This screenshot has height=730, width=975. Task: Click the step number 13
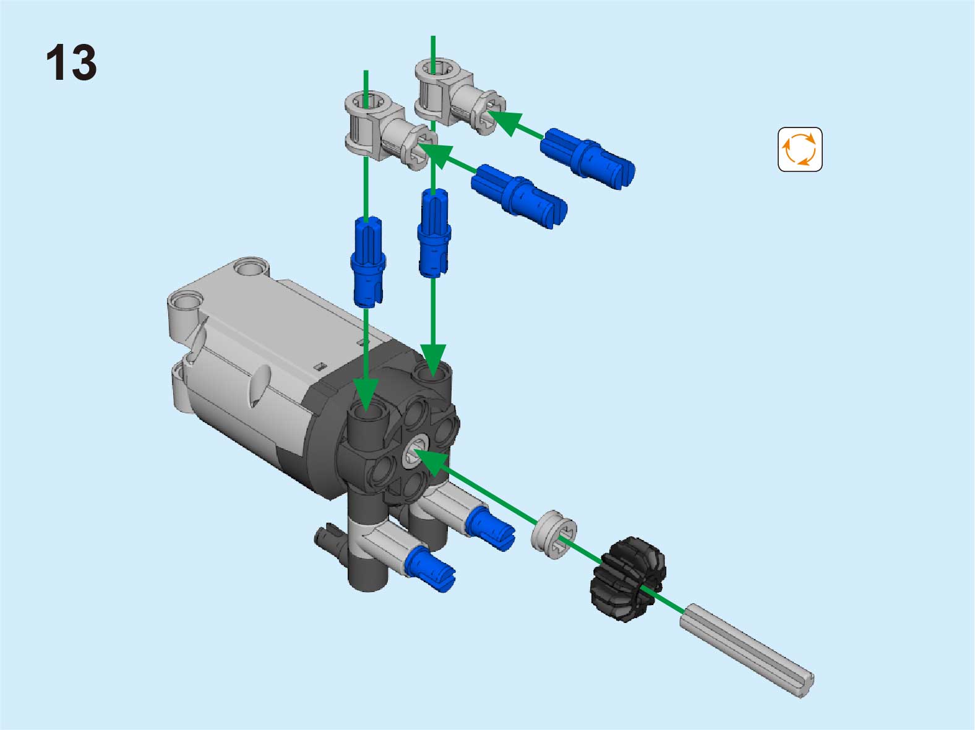click(x=71, y=62)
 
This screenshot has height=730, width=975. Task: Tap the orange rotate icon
click(x=800, y=149)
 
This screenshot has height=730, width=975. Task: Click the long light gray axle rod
click(x=746, y=650)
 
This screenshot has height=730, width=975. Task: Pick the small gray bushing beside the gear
click(x=554, y=534)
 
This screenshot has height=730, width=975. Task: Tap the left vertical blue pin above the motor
click(x=367, y=262)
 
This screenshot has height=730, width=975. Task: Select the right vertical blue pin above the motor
click(x=434, y=234)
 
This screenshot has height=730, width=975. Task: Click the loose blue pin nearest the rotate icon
click(x=587, y=158)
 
